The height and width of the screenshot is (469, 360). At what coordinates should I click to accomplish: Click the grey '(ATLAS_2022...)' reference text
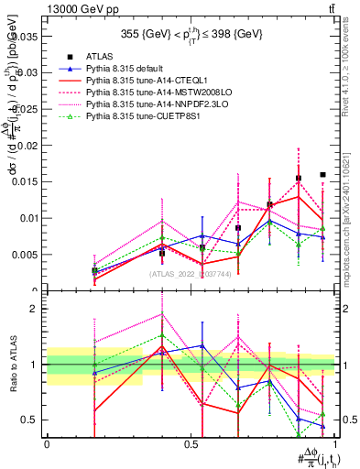click(x=191, y=274)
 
